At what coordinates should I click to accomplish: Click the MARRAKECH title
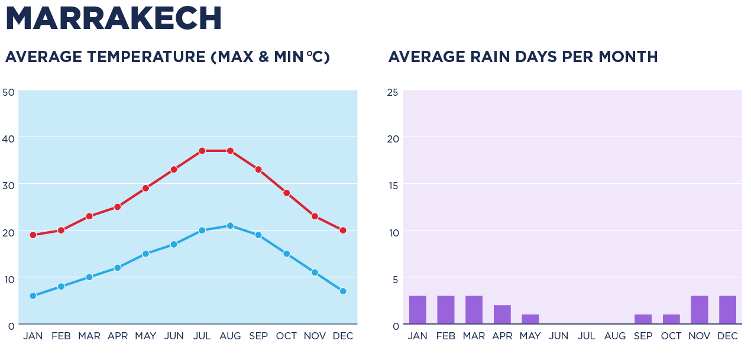[x=114, y=19]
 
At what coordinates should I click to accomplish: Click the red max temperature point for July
[x=202, y=151]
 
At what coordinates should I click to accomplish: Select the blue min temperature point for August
[x=230, y=226]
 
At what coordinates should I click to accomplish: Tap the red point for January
[x=33, y=235]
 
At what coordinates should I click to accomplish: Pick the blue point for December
[x=343, y=291]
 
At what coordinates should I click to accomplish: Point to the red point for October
[x=287, y=193]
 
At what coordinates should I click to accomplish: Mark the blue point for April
[x=118, y=268]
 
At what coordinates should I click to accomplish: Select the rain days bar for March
[x=474, y=310]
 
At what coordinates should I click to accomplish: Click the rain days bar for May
[x=530, y=319]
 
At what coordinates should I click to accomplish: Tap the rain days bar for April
[x=502, y=314]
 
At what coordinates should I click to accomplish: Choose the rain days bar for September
[x=643, y=319]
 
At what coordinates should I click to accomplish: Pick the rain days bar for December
[x=727, y=310]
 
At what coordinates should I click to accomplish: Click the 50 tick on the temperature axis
[x=8, y=92]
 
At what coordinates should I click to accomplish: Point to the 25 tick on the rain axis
[x=393, y=92]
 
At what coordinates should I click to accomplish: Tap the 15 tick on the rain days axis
[x=393, y=185]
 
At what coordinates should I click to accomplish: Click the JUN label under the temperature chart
[x=174, y=336]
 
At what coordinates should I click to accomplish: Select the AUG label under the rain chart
[x=615, y=336]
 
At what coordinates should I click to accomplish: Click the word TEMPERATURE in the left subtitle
[x=147, y=57]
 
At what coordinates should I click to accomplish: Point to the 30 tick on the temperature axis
[x=8, y=185]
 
